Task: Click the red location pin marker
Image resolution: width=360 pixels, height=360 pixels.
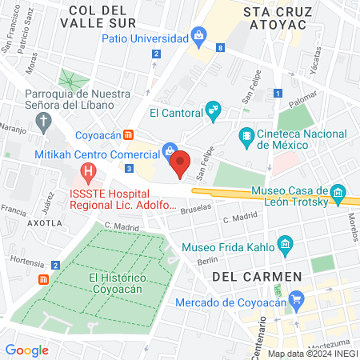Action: click(181, 164)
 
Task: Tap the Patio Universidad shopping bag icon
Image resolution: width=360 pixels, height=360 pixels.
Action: click(198, 35)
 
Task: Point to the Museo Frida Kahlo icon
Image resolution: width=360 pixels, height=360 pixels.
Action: click(282, 242)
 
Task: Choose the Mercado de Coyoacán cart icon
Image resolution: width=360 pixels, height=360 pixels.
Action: click(297, 301)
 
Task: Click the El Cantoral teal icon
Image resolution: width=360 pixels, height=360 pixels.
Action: click(213, 110)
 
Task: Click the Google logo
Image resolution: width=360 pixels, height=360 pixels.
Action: click(26, 350)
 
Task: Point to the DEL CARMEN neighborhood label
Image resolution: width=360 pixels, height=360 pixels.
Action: click(257, 276)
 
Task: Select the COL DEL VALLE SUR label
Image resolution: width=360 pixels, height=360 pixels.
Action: click(109, 17)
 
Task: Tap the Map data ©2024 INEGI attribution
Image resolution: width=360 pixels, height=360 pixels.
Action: click(313, 354)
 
